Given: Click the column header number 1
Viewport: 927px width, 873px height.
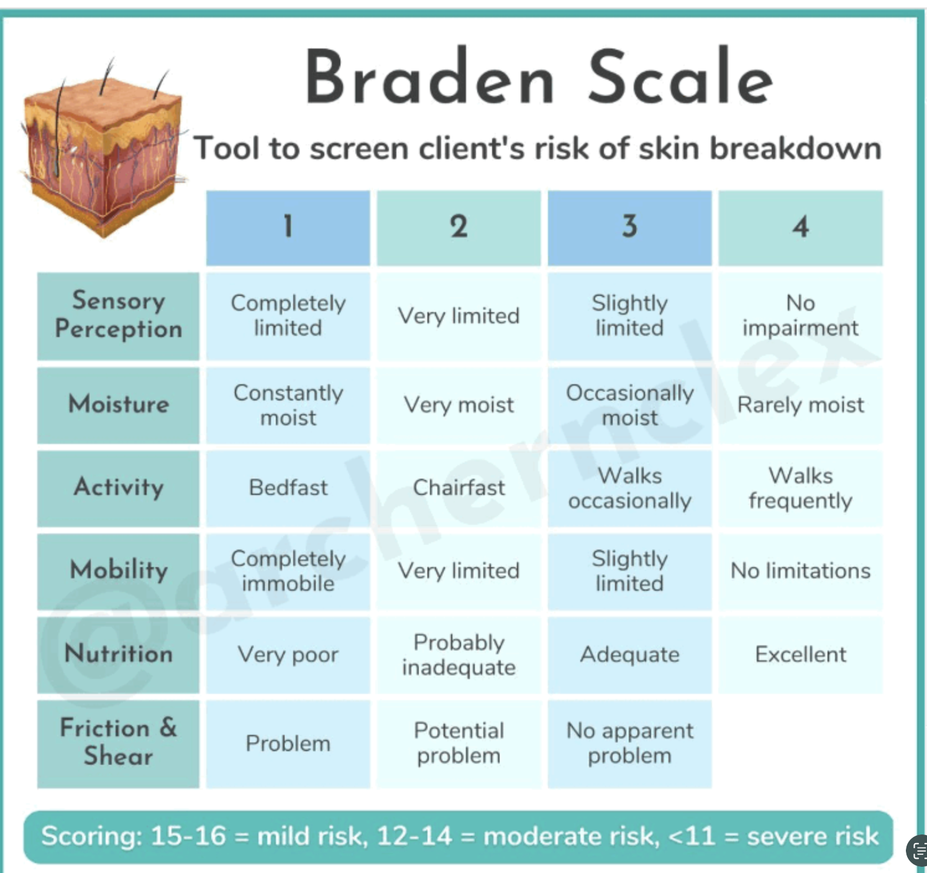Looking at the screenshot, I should (x=288, y=227).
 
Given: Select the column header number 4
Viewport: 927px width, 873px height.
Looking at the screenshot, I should (x=800, y=227).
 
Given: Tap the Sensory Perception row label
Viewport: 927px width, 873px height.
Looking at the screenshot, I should (x=118, y=316).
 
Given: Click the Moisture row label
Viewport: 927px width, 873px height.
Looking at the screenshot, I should (x=118, y=405).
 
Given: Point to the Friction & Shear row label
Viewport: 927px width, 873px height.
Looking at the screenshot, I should (x=118, y=742).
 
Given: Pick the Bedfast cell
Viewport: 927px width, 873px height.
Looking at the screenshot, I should (x=288, y=488).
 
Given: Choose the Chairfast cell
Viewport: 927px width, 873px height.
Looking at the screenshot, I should (x=459, y=488).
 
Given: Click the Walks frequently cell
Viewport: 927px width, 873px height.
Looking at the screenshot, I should (x=800, y=488).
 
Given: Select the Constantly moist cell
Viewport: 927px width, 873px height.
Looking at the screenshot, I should (x=288, y=405).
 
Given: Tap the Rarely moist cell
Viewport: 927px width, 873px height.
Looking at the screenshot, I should (x=800, y=405).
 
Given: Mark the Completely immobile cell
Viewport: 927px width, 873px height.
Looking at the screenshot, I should (x=288, y=571).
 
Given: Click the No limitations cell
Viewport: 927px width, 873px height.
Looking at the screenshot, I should (x=800, y=571).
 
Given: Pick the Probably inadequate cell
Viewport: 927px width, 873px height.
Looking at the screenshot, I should (x=459, y=655).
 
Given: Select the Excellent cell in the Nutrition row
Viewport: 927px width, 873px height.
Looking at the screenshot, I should (x=800, y=655).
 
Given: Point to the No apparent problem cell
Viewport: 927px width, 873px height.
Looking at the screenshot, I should (x=629, y=743).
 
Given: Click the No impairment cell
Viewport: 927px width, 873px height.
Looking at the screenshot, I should (x=800, y=316).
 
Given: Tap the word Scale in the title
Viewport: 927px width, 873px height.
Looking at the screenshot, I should (x=680, y=78).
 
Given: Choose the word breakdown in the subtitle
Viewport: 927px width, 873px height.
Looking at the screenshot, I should (x=795, y=149).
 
